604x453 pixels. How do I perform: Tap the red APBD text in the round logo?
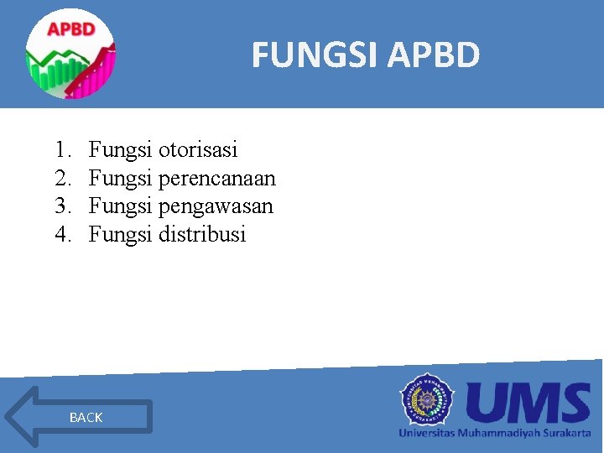[x=70, y=29]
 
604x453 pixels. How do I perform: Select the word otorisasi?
[x=198, y=150]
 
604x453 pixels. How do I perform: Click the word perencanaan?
[x=216, y=178]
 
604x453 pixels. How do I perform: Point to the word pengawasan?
[x=216, y=206]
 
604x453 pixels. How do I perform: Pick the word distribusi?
[x=201, y=234]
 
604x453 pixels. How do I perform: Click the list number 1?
[x=61, y=150]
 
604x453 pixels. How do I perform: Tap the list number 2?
[x=61, y=178]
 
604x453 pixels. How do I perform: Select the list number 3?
[x=61, y=206]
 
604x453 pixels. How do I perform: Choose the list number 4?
[x=61, y=234]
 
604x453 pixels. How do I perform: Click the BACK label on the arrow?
[x=86, y=417]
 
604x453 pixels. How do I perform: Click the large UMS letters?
[x=528, y=404]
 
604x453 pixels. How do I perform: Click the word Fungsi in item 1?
[x=120, y=150]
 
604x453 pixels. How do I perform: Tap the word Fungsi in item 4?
[x=120, y=234]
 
